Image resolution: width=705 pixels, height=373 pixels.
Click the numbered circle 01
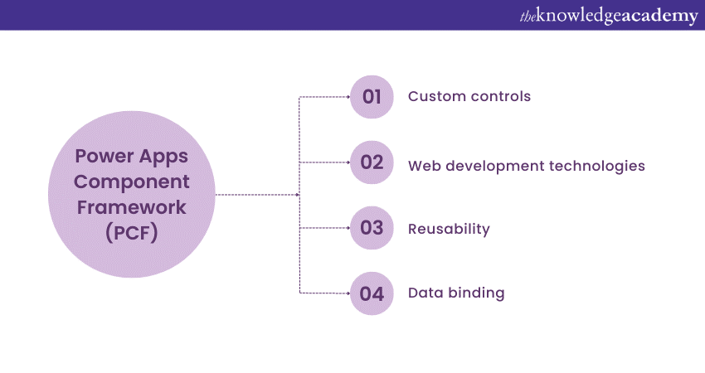(x=372, y=97)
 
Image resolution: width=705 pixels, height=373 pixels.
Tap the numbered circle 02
(x=372, y=162)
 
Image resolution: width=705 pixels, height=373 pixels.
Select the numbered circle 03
(x=372, y=228)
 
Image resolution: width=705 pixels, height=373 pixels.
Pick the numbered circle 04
(x=372, y=293)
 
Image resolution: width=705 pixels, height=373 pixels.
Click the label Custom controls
(x=469, y=97)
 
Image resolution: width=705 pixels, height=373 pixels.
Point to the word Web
(x=425, y=165)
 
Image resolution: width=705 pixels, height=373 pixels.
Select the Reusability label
(x=449, y=229)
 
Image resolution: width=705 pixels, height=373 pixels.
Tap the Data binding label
(x=455, y=293)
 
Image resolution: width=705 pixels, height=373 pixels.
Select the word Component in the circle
(x=131, y=182)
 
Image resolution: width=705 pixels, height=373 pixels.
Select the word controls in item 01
(x=500, y=97)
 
